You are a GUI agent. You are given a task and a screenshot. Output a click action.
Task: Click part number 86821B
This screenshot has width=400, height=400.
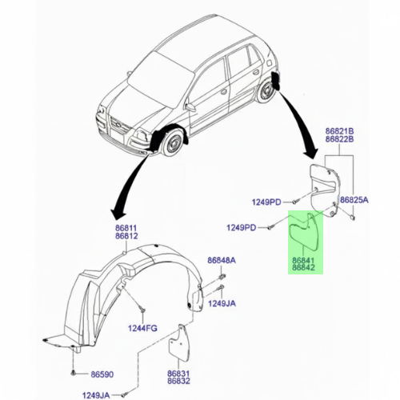click(x=339, y=131)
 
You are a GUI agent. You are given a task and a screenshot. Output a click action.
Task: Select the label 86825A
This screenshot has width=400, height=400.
click(x=354, y=200)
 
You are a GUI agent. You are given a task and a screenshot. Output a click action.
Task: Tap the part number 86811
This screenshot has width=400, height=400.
click(x=126, y=228)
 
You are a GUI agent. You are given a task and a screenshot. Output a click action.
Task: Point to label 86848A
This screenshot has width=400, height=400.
click(x=222, y=260)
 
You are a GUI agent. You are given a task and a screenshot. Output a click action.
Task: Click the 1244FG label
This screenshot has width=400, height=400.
click(x=142, y=328)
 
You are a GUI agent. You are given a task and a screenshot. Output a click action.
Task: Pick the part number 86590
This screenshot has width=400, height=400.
click(x=102, y=374)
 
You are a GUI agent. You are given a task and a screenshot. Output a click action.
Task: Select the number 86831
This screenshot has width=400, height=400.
click(x=178, y=374)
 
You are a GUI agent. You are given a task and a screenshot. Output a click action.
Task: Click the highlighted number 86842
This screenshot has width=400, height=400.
click(x=303, y=267)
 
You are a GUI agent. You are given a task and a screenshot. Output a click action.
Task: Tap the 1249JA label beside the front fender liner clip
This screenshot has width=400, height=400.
click(x=222, y=303)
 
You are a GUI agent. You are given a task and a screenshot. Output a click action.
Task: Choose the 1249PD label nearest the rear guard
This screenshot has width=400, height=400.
click(x=266, y=202)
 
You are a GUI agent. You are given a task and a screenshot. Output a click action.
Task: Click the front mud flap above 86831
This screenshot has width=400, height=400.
click(x=180, y=342)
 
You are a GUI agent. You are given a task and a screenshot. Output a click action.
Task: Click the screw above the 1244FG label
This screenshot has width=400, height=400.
click(x=142, y=310)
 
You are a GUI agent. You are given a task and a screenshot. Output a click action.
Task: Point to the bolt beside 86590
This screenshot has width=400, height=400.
click(x=74, y=373)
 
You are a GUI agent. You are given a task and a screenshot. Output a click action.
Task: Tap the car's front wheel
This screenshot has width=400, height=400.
click(x=174, y=142)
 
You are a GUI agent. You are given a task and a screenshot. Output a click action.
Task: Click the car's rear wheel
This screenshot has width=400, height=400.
click(x=266, y=91)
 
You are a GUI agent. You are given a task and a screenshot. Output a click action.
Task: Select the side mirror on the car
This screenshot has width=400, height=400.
click(x=190, y=107)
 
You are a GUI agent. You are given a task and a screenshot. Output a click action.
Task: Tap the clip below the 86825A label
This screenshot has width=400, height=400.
click(x=353, y=218)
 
